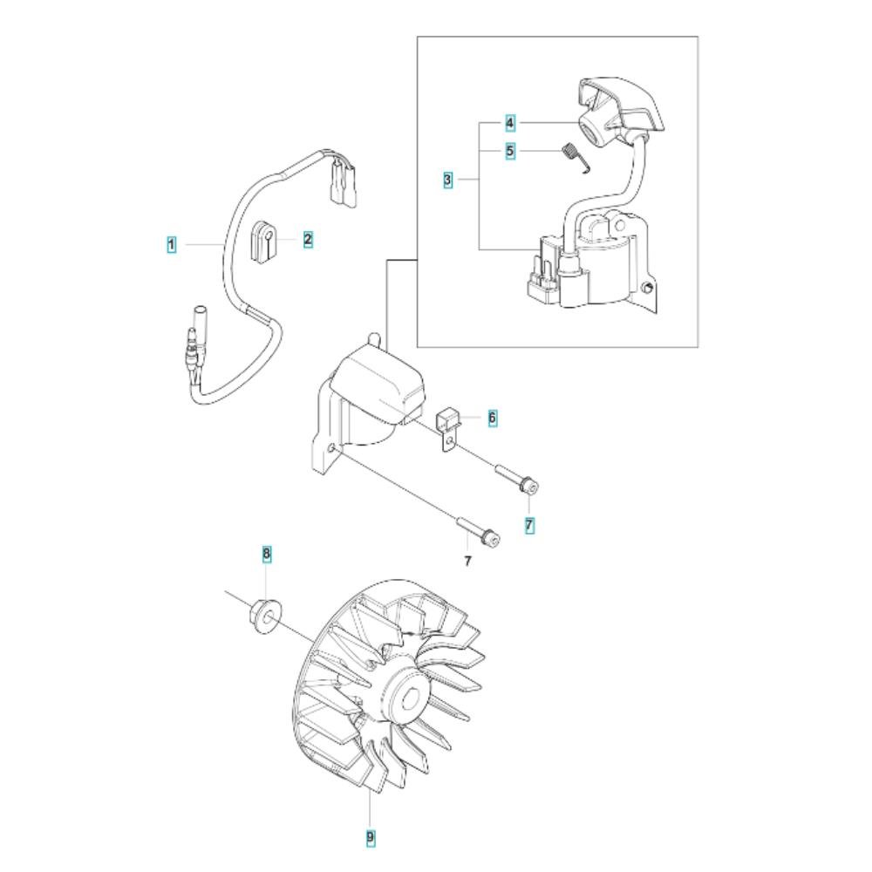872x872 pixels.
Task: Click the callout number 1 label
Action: pos(172,244)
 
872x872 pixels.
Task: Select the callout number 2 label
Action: pos(308,240)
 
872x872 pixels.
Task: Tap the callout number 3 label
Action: pos(447,180)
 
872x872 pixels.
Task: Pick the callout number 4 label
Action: pos(510,122)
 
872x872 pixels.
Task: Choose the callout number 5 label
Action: pos(510,151)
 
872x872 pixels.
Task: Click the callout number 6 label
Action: pos(492,417)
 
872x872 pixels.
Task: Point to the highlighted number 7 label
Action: pos(529,524)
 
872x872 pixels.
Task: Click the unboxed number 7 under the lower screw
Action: pos(467,561)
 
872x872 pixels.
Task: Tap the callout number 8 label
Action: pos(266,554)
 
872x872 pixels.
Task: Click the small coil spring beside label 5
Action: pos(572,159)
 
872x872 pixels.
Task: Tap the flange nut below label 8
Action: pos(266,611)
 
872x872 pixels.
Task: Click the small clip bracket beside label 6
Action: pos(448,430)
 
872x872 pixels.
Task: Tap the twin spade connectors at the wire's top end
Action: pos(342,182)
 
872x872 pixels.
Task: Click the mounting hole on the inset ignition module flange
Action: pos(647,288)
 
